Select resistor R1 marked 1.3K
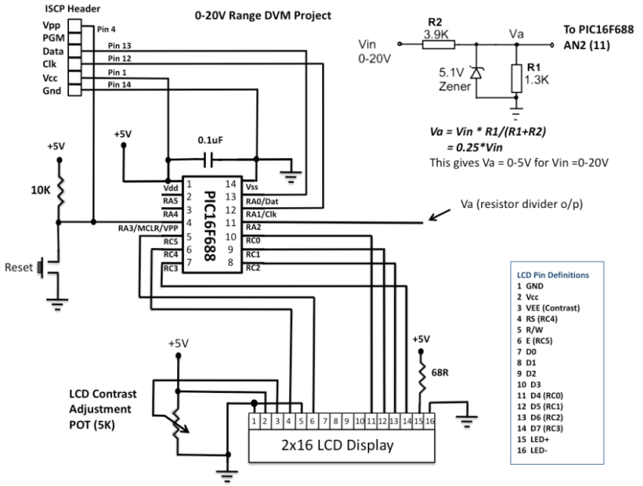tap(517, 77)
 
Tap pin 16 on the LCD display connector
tap(429, 419)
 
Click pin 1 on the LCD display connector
tap(256, 419)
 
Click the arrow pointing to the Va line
tap(440, 217)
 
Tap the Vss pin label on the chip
tap(253, 187)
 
